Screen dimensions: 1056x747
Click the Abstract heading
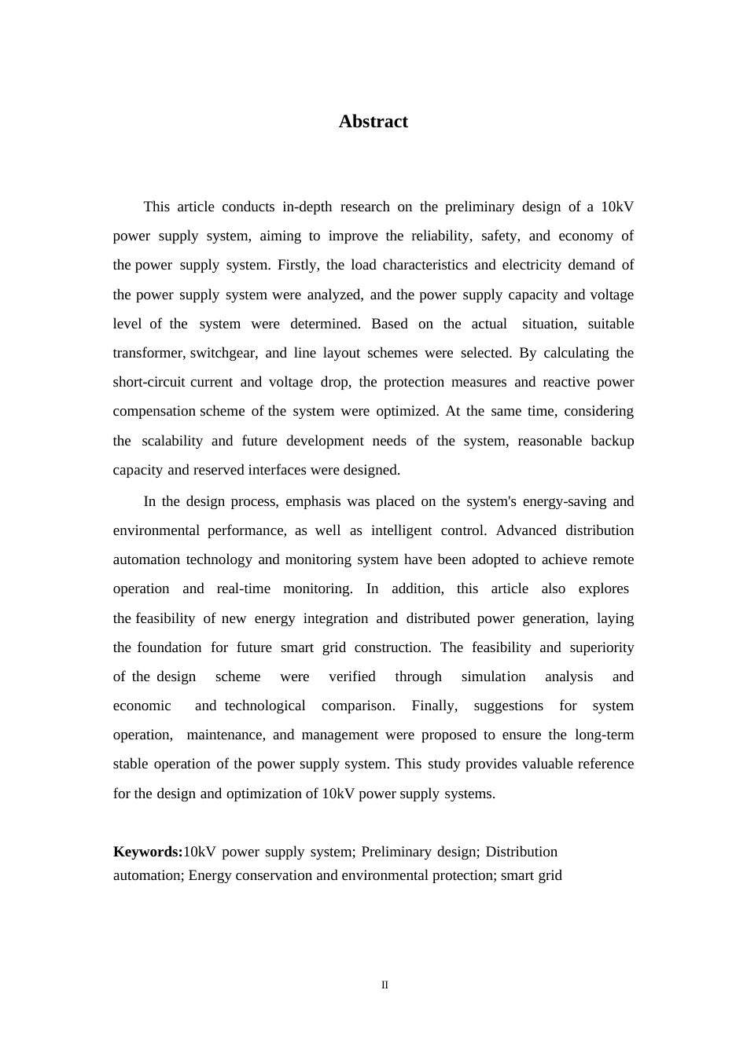point(373,121)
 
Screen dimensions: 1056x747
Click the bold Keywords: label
point(148,852)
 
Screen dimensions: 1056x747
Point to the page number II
point(385,985)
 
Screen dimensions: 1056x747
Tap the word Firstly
point(298,265)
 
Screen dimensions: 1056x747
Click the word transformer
point(149,353)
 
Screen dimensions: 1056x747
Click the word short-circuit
point(149,382)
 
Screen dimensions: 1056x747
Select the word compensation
point(154,411)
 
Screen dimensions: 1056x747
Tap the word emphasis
point(314,501)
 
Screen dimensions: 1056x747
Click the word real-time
point(243,588)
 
